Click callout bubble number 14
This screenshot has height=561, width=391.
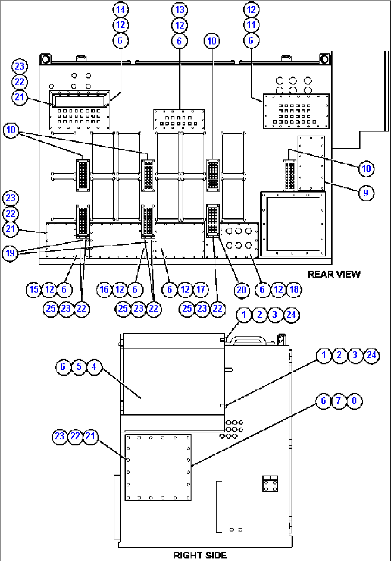(121, 10)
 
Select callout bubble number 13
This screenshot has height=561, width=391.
(179, 10)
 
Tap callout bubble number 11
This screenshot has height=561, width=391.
(251, 25)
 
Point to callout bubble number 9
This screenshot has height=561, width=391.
(366, 193)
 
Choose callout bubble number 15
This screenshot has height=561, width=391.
(34, 289)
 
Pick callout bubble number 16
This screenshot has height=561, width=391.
(104, 289)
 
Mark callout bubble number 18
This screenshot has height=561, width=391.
(294, 289)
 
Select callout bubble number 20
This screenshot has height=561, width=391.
(241, 289)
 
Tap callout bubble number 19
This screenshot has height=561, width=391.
(10, 253)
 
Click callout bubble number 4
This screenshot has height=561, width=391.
(94, 367)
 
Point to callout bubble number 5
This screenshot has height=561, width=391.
(79, 367)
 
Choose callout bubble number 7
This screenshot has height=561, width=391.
(339, 400)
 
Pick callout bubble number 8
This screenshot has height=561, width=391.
(354, 400)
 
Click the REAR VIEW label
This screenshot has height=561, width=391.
(334, 274)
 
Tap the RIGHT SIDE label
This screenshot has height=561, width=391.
(200, 555)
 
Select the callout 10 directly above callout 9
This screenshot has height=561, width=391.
(366, 168)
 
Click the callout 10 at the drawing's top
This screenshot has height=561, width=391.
(212, 41)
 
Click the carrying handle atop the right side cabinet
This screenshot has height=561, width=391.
(248, 339)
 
